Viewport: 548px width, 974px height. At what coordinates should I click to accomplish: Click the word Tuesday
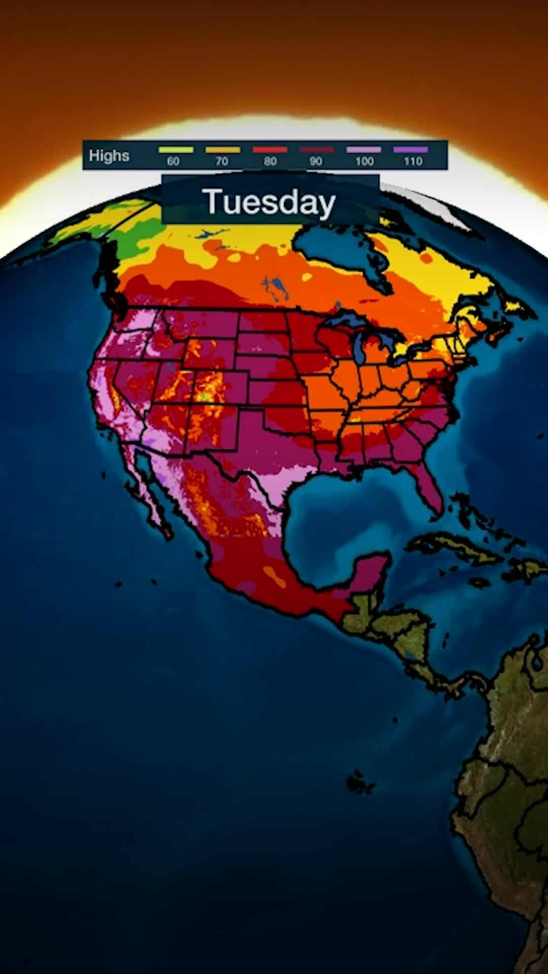click(269, 202)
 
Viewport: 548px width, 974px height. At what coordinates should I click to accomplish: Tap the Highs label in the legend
click(109, 156)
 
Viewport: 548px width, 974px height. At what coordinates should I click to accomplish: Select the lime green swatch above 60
click(176, 150)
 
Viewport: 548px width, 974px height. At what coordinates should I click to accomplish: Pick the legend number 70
click(222, 161)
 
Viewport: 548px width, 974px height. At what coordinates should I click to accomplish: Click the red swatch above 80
click(270, 150)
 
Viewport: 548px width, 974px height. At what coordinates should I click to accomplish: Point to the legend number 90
click(316, 161)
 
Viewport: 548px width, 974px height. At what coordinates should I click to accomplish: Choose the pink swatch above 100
click(363, 150)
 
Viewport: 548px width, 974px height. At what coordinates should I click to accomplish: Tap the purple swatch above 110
click(410, 150)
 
